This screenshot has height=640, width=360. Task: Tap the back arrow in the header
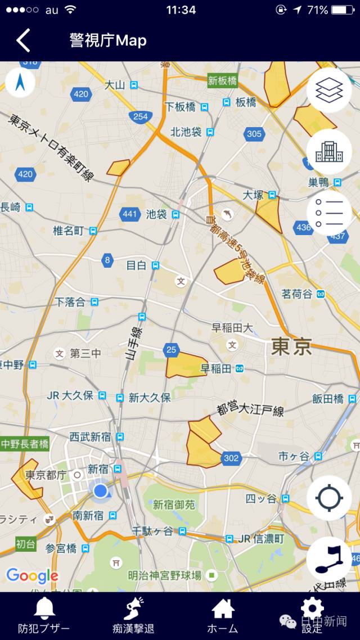(x=22, y=40)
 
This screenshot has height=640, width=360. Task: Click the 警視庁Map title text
(x=108, y=40)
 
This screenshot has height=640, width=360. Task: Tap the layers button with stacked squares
(x=329, y=91)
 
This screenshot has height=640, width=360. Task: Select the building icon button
(x=329, y=151)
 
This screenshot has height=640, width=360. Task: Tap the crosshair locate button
(x=329, y=498)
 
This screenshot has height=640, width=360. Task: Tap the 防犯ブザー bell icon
(x=44, y=609)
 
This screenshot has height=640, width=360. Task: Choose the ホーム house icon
(x=223, y=609)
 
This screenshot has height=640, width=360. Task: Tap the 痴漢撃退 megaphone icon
(x=133, y=609)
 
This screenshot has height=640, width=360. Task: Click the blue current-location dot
(x=101, y=491)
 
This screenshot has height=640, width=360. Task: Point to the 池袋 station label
(x=156, y=214)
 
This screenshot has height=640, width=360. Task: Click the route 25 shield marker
(x=172, y=350)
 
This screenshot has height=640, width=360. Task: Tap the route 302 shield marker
(x=231, y=458)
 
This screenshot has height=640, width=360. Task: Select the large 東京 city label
(x=291, y=346)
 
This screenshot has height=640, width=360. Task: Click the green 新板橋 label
(x=223, y=80)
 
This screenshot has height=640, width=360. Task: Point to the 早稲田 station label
(x=216, y=369)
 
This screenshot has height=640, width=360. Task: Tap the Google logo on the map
(x=32, y=575)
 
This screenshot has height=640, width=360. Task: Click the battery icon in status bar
(x=343, y=10)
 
